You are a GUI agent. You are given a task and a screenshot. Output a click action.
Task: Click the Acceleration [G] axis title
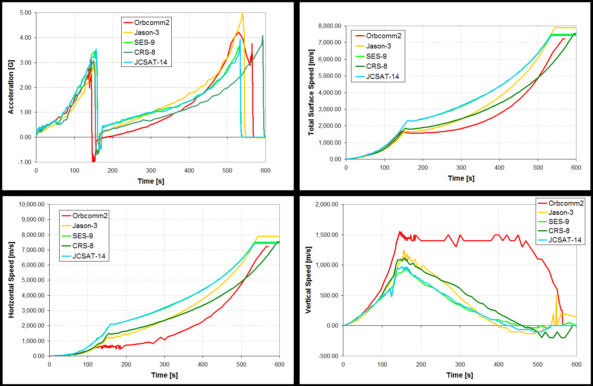point(11,87)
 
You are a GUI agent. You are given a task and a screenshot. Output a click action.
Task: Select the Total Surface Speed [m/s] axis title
point(311,92)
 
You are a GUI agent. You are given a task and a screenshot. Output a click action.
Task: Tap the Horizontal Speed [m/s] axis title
point(11,280)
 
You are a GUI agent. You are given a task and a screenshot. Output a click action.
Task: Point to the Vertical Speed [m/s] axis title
point(308,280)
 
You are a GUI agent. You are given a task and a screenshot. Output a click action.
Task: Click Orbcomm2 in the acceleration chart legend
point(151,22)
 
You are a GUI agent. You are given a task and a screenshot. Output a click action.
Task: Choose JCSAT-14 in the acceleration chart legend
point(150,62)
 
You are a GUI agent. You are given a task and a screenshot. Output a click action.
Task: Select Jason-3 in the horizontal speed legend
point(85,226)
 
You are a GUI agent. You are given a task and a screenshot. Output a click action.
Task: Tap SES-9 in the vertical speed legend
point(558,221)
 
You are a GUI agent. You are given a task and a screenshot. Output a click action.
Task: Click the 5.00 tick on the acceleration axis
point(25,12)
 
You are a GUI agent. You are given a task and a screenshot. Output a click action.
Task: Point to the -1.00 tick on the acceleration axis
point(25,162)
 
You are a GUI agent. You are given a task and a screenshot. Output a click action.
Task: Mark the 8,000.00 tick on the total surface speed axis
point(329,26)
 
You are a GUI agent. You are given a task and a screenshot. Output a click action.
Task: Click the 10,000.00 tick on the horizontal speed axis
point(32,204)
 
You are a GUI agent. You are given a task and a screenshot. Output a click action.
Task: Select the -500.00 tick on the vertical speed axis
point(328,356)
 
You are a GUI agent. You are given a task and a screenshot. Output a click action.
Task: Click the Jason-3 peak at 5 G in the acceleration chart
point(243,13)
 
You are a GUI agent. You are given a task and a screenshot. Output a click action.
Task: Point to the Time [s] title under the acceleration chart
point(151,181)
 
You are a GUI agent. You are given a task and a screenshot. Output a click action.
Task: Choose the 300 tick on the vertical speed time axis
point(460,364)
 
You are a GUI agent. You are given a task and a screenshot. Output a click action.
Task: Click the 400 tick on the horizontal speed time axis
point(203,364)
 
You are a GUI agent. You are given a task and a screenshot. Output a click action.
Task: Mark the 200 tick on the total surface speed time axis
point(423,167)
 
